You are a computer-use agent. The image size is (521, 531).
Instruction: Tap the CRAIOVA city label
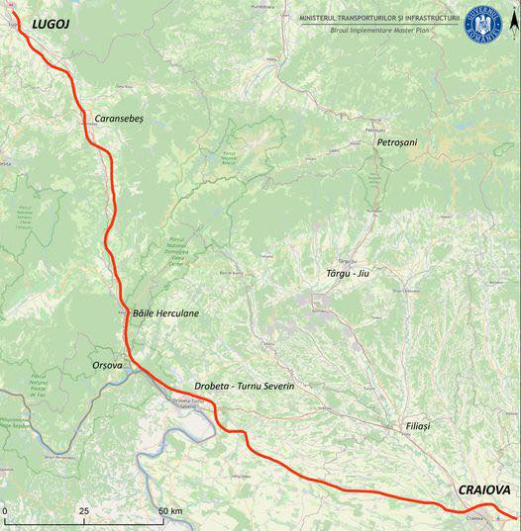pos(483,489)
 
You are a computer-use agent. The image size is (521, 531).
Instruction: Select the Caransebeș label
pos(119,118)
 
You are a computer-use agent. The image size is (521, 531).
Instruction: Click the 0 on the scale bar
pos(5,511)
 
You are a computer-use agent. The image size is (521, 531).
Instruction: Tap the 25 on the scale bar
pos(84,511)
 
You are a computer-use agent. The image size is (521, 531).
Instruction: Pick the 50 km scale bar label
pos(170,511)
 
